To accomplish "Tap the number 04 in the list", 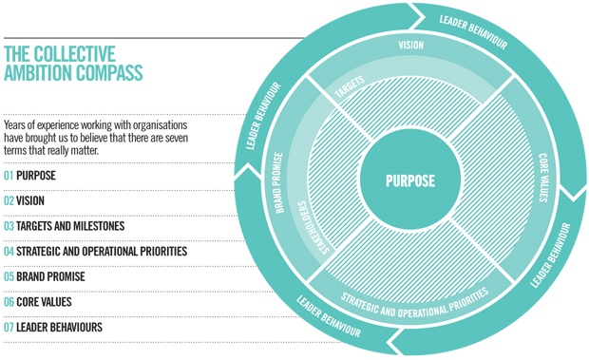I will [9, 252].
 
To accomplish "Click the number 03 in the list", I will [9, 226].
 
